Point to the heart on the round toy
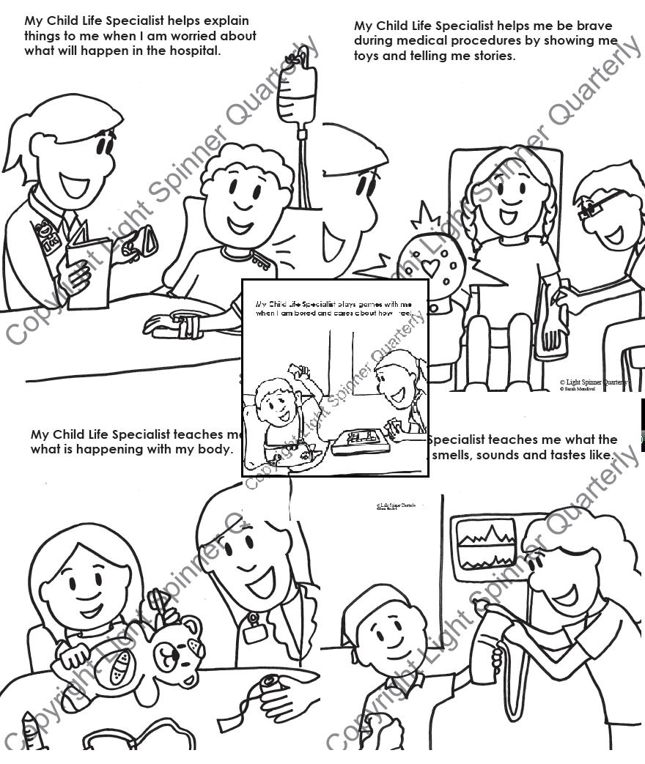pyautogui.click(x=430, y=267)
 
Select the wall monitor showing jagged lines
pyautogui.click(x=484, y=542)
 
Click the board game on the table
pyautogui.click(x=359, y=442)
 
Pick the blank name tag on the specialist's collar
pyautogui.click(x=255, y=632)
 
